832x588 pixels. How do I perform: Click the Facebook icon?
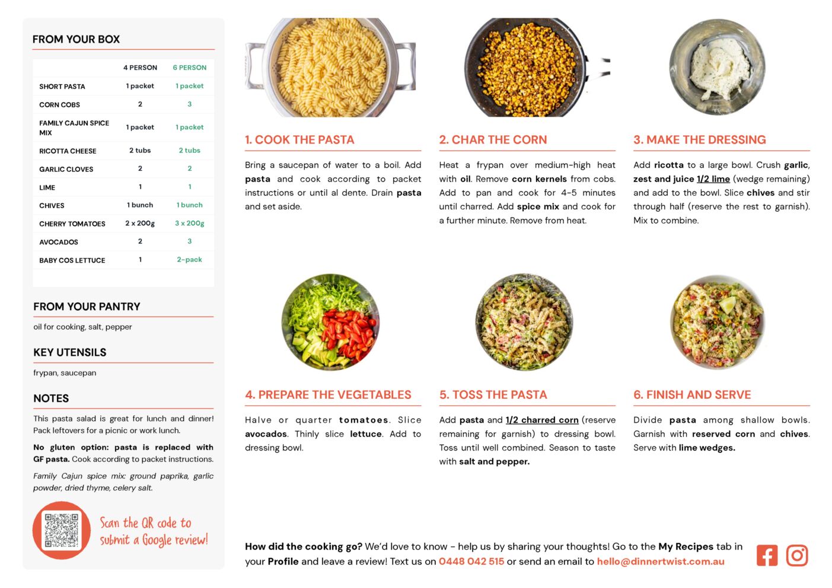pos(767,555)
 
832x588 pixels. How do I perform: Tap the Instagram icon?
pos(797,555)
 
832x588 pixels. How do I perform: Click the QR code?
pos(62,530)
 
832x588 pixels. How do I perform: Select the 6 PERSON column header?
pos(189,68)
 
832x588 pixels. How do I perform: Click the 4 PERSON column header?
pos(140,68)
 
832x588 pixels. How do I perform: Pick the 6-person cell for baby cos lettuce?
pos(189,260)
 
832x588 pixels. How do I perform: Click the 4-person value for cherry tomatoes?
pos(140,223)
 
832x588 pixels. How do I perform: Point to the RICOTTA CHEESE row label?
pos(68,151)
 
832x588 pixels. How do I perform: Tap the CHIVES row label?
pos(52,206)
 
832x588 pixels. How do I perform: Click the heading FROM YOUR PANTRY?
pos(87,306)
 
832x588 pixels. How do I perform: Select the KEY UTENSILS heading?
pos(70,352)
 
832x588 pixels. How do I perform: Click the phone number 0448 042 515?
pos(471,561)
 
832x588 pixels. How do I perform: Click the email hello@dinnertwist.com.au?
pos(661,561)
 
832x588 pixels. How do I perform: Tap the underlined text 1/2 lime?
pos(713,179)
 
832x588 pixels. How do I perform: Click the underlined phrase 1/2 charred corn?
pos(542,420)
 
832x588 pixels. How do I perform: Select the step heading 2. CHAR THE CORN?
pos(493,139)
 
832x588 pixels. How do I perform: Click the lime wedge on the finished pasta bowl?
pos(728,305)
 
